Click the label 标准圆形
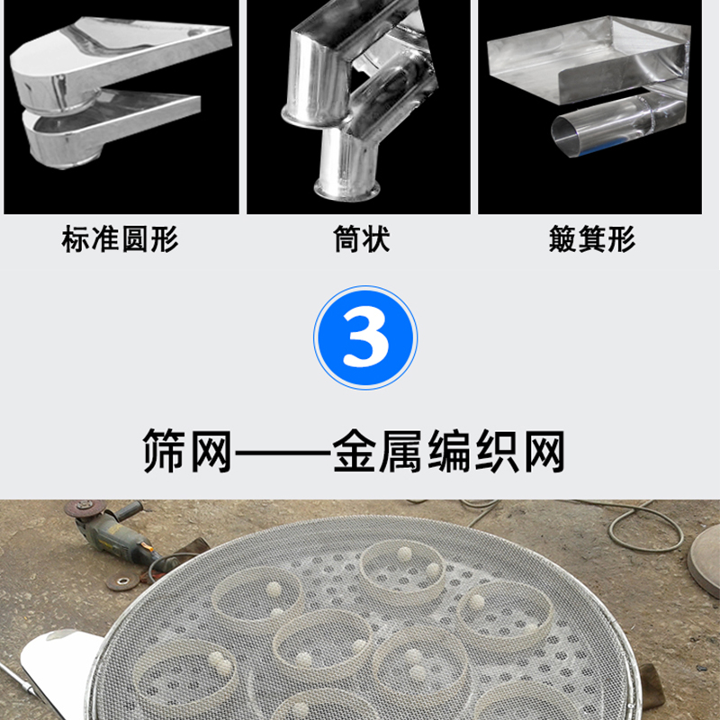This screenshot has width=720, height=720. tap(120, 238)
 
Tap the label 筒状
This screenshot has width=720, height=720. tap(362, 238)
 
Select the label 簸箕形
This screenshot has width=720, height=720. tap(592, 238)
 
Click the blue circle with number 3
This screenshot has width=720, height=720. tap(365, 337)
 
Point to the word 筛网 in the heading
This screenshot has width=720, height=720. tap(187, 451)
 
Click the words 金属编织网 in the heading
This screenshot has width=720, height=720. tap(448, 451)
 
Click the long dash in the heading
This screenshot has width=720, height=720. tap(282, 453)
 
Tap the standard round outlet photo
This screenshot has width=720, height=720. tap(121, 106)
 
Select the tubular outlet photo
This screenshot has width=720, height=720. tap(358, 106)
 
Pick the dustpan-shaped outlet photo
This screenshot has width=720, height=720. tap(590, 106)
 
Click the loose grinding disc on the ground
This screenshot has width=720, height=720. tap(122, 581)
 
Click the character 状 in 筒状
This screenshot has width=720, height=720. tap(376, 238)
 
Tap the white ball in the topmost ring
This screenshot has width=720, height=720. tap(404, 554)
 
